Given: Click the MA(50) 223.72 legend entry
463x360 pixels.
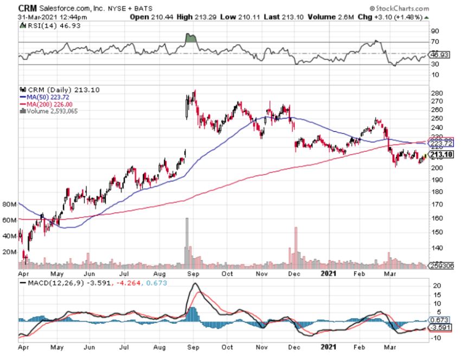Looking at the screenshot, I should click(47, 97).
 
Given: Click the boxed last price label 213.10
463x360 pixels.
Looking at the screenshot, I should click(440, 155).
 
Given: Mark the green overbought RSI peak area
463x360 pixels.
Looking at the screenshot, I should click(189, 38).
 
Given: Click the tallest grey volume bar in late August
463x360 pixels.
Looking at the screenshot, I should click(187, 241).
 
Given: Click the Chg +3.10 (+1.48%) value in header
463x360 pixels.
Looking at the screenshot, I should click(400, 17).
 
